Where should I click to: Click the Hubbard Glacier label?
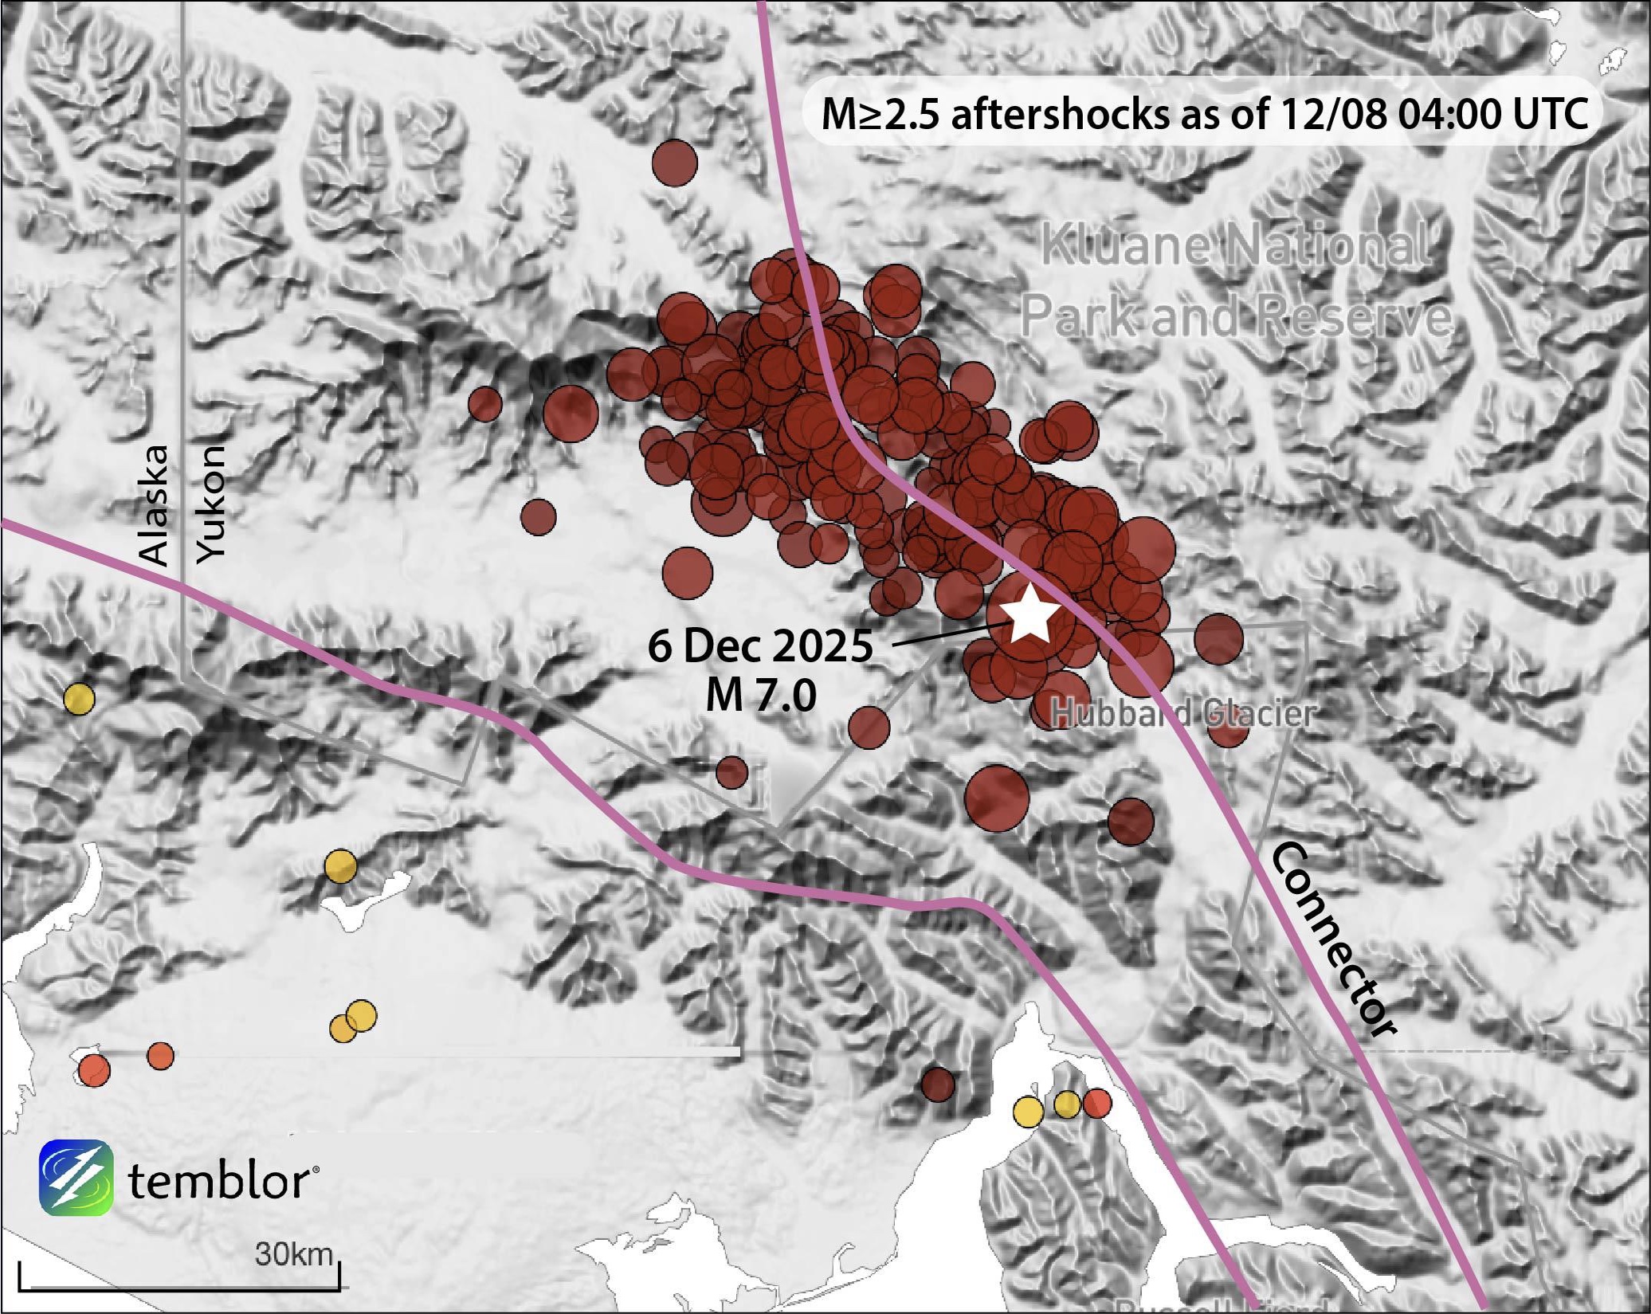[1182, 713]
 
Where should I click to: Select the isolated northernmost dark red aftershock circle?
[674, 163]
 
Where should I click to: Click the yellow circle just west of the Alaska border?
[79, 699]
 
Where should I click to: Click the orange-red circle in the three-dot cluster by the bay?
[1097, 1104]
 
